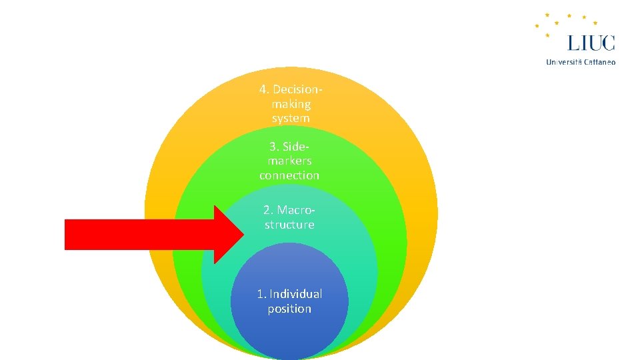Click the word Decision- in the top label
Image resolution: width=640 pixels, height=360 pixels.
tap(298, 89)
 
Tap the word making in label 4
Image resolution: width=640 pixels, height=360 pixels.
tap(291, 104)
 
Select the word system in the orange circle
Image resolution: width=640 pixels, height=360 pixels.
tap(291, 119)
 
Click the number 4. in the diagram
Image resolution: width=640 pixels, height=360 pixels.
tap(264, 89)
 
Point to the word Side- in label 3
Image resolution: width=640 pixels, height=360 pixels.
tap(296, 146)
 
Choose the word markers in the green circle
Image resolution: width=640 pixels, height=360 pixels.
tap(289, 161)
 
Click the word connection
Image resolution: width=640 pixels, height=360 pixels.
tap(289, 175)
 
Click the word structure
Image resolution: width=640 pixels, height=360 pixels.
tap(289, 225)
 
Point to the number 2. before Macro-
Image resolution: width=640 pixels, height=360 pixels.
tap(268, 210)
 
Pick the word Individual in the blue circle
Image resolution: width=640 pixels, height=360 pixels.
tap(295, 294)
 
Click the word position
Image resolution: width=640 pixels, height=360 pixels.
tap(289, 309)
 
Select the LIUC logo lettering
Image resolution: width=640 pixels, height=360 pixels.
tap(591, 43)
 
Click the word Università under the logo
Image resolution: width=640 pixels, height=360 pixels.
tap(564, 62)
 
